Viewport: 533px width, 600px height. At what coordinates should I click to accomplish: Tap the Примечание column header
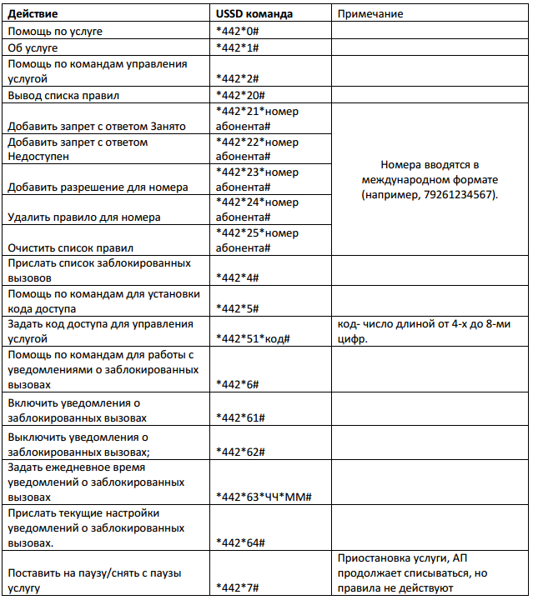[x=370, y=14]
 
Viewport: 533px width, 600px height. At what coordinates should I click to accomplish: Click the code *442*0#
[x=238, y=32]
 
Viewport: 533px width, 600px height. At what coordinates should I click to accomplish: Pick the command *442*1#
[x=238, y=47]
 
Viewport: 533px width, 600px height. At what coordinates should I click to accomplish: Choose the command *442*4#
[x=238, y=277]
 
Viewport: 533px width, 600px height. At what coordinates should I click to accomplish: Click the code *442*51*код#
[x=252, y=338]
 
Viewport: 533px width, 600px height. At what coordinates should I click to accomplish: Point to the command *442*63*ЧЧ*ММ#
[x=263, y=497]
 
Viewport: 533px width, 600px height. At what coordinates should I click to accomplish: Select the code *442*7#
[x=238, y=588]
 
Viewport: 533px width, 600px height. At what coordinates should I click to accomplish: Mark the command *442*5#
[x=238, y=308]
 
